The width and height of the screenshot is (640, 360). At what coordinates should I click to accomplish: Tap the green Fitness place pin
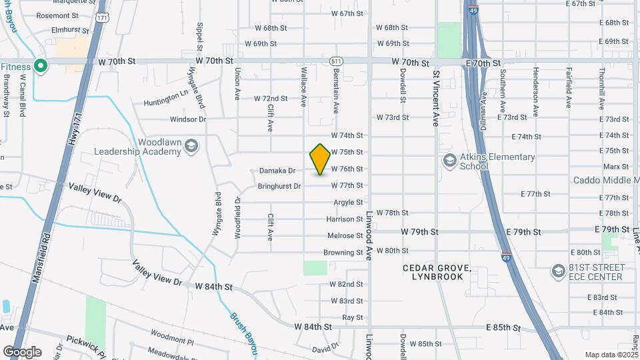(40, 66)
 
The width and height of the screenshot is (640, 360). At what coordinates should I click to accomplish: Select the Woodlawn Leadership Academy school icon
(191, 145)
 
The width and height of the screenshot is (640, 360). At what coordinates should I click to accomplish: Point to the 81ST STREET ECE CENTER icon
(558, 271)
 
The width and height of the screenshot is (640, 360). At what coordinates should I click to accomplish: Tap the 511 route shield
(337, 61)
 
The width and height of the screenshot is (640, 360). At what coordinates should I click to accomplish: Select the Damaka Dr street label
(277, 171)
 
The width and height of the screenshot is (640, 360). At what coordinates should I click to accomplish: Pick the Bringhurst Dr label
(279, 187)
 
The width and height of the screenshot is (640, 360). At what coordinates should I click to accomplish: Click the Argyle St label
(348, 202)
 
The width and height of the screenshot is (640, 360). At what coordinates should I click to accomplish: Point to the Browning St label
(343, 253)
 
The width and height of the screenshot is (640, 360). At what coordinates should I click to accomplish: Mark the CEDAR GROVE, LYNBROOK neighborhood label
(437, 272)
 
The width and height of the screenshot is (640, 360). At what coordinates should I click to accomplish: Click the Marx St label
(615, 167)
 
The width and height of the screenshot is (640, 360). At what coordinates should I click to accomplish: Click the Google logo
(22, 352)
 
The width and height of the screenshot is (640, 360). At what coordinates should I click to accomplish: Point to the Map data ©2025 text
(610, 355)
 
